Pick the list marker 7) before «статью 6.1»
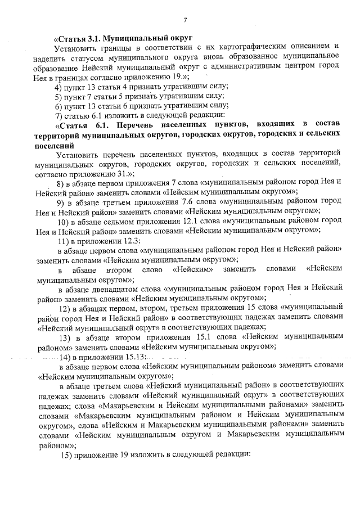(x=58, y=115)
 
